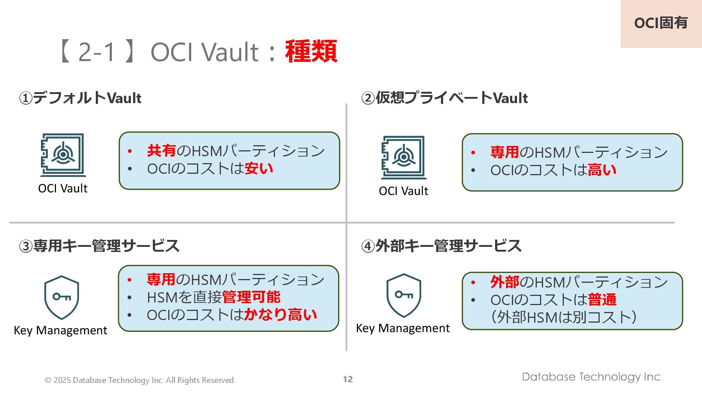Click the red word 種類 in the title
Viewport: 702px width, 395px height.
click(311, 52)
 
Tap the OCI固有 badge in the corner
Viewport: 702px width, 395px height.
click(661, 23)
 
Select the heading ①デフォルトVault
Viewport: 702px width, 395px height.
click(80, 98)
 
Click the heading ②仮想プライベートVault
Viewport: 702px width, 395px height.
click(444, 98)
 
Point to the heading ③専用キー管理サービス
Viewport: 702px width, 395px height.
click(99, 246)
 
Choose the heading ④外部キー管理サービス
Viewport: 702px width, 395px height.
click(441, 246)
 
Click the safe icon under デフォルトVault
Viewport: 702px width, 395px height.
click(63, 155)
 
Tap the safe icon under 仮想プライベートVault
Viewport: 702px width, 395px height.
click(404, 157)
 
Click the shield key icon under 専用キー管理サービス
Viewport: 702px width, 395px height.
click(61, 297)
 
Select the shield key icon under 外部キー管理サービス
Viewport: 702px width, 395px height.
click(404, 296)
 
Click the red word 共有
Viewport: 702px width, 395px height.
click(161, 151)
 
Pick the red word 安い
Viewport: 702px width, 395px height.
click(259, 169)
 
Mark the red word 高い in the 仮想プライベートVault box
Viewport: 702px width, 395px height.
click(602, 170)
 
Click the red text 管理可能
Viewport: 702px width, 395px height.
click(251, 297)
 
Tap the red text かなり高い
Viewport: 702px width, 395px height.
click(280, 315)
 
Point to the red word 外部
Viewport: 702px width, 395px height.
click(505, 282)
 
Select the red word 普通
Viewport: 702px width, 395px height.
click(602, 300)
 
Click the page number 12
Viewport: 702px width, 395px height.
click(348, 379)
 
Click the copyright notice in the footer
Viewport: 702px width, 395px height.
click(140, 380)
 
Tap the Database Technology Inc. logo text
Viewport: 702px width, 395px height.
click(592, 377)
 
